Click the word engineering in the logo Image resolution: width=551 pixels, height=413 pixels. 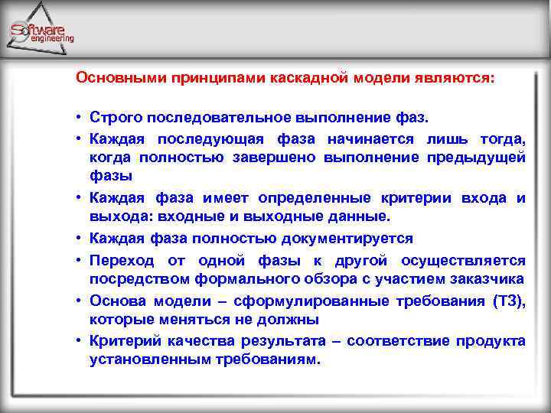click(x=54, y=38)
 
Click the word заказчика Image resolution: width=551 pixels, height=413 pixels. click(x=485, y=278)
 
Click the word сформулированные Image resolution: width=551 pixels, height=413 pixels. click(x=302, y=301)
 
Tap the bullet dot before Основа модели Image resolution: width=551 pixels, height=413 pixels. click(x=79, y=301)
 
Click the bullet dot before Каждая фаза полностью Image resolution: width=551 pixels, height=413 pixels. click(x=79, y=239)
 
